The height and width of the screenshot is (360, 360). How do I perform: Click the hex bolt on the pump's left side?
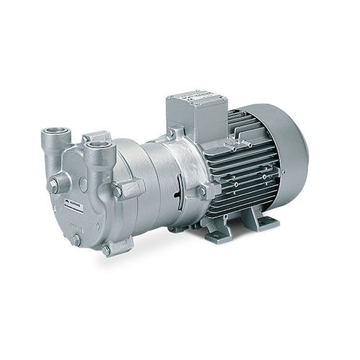point(53,186)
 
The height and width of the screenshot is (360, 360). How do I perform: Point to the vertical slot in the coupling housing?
point(179,193)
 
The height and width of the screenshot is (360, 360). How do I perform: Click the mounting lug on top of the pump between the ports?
point(98,135)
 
